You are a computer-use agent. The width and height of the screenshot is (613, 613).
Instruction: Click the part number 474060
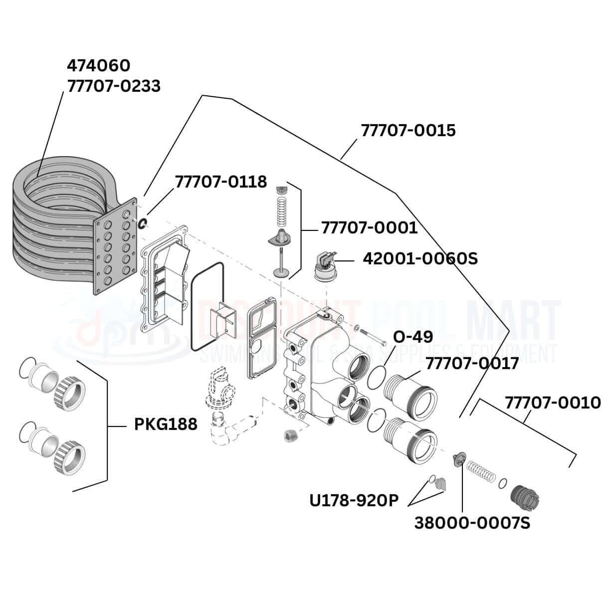coord(98,65)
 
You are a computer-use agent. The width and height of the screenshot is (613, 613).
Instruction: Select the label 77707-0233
coord(114,86)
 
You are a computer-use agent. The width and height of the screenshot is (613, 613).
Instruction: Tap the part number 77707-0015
coord(408,130)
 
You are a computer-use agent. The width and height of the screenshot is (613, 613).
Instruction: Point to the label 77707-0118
coord(220,182)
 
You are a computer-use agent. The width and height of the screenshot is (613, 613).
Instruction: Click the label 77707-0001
coord(369,227)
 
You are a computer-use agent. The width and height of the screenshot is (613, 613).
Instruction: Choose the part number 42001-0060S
coord(420,258)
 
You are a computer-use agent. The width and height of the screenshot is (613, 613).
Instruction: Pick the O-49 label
coord(412,337)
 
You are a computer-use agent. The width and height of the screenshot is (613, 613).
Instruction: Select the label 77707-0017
coord(472,363)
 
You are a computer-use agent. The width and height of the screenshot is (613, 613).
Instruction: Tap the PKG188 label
coord(166,424)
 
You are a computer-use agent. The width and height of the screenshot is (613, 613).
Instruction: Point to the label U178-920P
coord(354,500)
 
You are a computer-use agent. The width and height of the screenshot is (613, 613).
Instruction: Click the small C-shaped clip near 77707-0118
coord(142,223)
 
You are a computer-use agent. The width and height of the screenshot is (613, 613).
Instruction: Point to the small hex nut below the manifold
coord(290,435)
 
